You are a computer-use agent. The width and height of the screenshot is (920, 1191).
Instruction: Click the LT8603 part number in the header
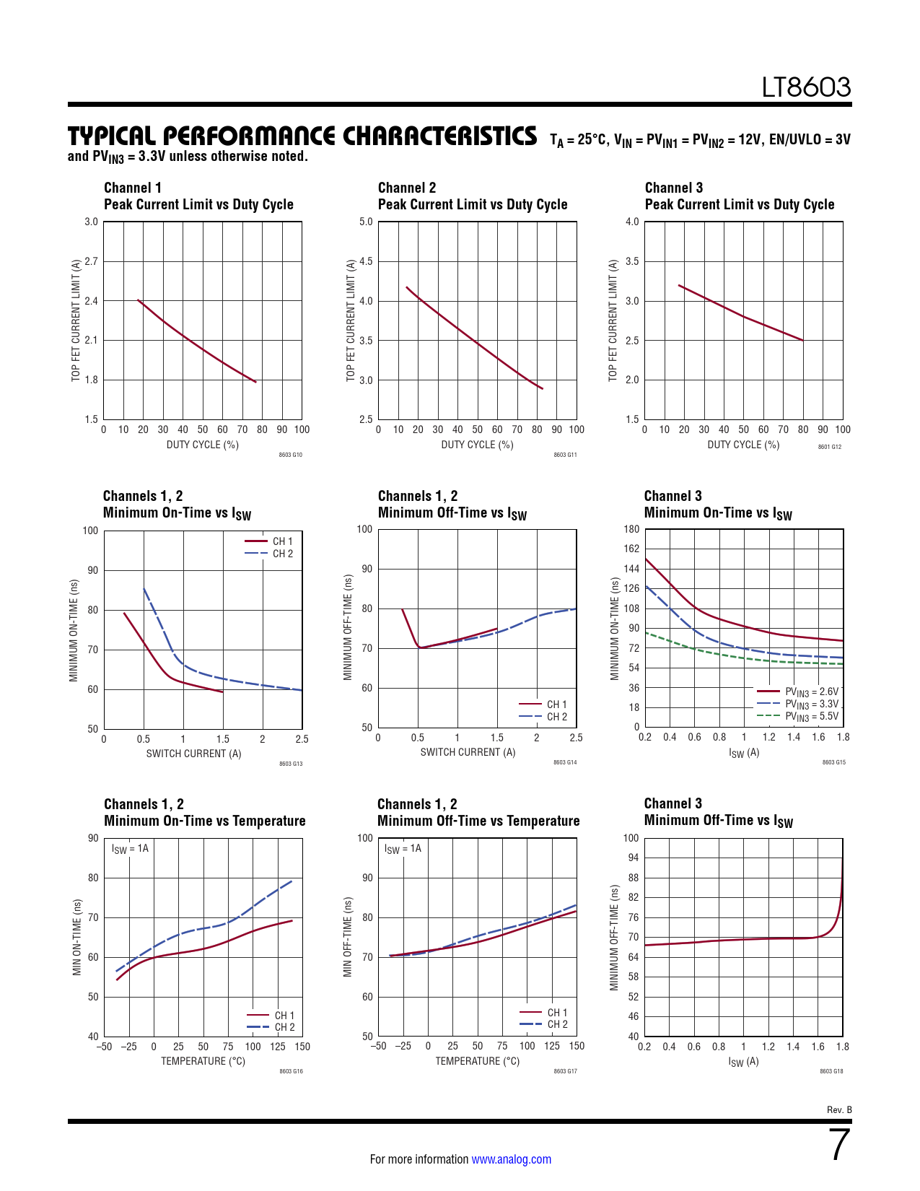point(807,87)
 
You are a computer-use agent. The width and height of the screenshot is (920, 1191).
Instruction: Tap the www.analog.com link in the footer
point(511,1159)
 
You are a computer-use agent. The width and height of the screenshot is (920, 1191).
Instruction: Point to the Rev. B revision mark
point(839,1109)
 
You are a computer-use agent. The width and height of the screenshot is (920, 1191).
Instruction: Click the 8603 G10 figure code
point(291,455)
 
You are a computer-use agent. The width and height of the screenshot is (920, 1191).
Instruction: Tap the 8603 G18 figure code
point(831,1071)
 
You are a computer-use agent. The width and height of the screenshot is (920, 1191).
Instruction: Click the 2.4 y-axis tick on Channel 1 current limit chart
point(91,301)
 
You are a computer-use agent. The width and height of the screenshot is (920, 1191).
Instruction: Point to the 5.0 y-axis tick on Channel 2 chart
point(366,222)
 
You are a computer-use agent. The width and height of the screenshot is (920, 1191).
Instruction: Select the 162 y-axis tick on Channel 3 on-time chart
point(631,549)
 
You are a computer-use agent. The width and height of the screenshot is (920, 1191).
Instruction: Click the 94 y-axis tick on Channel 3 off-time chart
point(631,858)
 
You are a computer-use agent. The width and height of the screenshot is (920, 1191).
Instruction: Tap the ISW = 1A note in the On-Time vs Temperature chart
point(130,849)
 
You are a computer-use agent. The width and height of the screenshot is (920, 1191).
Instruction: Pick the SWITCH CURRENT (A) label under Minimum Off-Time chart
point(468,752)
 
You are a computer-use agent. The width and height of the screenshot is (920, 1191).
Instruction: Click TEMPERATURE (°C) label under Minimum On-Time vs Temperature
point(203,1061)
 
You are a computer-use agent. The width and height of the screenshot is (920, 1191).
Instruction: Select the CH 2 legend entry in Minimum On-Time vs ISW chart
point(282,554)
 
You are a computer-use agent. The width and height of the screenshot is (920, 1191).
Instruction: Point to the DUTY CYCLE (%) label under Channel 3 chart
point(743,445)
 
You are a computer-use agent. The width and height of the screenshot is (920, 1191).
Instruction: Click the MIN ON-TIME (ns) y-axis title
point(77,937)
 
